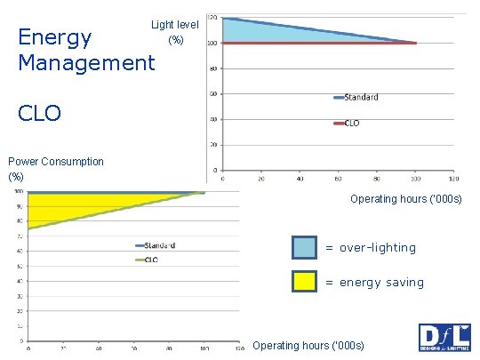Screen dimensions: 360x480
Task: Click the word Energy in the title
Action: click(x=55, y=37)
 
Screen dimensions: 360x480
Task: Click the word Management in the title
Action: click(x=86, y=63)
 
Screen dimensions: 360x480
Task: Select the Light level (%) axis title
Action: click(x=174, y=32)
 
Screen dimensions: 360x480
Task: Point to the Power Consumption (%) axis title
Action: click(x=55, y=169)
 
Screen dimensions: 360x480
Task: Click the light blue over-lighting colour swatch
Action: click(x=305, y=247)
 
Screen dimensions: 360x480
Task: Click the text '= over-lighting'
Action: click(x=370, y=248)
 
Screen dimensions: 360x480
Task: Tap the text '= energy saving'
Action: click(x=374, y=282)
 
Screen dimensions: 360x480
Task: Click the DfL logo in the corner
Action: click(x=444, y=339)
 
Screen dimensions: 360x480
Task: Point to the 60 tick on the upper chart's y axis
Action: click(x=213, y=93)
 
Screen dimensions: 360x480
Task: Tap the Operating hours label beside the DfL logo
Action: click(x=308, y=345)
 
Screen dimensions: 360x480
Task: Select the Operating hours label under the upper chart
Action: click(x=406, y=198)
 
